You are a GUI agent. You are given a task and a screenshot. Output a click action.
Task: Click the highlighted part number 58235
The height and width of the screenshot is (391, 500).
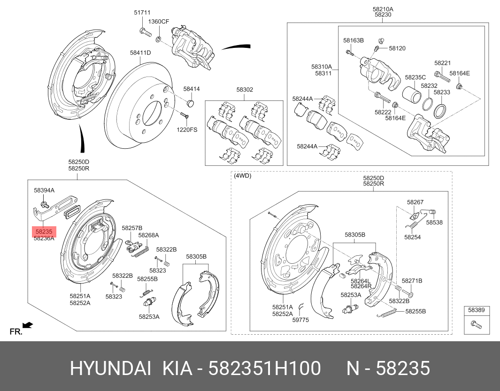(x=43, y=231)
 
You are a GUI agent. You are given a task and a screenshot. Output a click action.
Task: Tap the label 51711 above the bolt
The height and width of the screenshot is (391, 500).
(x=142, y=13)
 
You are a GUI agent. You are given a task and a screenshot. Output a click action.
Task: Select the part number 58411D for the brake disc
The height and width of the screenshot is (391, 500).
(x=140, y=53)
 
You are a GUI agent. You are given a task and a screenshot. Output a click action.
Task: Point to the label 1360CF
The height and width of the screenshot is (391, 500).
(x=159, y=22)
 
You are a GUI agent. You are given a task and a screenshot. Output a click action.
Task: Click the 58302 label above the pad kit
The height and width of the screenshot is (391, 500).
(x=245, y=89)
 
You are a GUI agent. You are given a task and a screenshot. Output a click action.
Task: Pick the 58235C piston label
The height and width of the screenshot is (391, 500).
(x=415, y=77)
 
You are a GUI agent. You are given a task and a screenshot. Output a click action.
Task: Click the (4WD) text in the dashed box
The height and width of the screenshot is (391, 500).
(x=242, y=176)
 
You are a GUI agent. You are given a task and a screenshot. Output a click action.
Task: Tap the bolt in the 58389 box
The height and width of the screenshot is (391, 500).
(x=476, y=323)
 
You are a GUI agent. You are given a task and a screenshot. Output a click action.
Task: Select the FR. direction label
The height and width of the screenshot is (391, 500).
(x=16, y=332)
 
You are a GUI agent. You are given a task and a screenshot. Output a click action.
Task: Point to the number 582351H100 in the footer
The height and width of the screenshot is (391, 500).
(x=265, y=369)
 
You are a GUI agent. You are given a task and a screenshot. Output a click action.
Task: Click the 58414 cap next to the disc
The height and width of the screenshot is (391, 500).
(x=191, y=102)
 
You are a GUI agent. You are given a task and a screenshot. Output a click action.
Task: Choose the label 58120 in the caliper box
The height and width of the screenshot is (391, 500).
(x=397, y=48)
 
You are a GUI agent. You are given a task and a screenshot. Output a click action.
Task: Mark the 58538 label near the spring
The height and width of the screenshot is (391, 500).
(x=434, y=222)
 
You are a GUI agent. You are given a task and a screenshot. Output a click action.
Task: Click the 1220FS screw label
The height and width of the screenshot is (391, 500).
(x=187, y=129)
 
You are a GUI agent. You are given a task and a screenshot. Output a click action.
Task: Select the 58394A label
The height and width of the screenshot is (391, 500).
(x=44, y=190)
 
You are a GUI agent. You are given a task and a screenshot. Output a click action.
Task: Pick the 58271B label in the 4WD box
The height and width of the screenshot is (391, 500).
(x=412, y=281)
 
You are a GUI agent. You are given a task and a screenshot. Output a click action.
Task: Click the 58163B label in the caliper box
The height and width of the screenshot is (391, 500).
(x=353, y=40)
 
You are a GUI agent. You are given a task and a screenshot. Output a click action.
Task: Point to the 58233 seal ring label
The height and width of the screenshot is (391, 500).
(x=441, y=92)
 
